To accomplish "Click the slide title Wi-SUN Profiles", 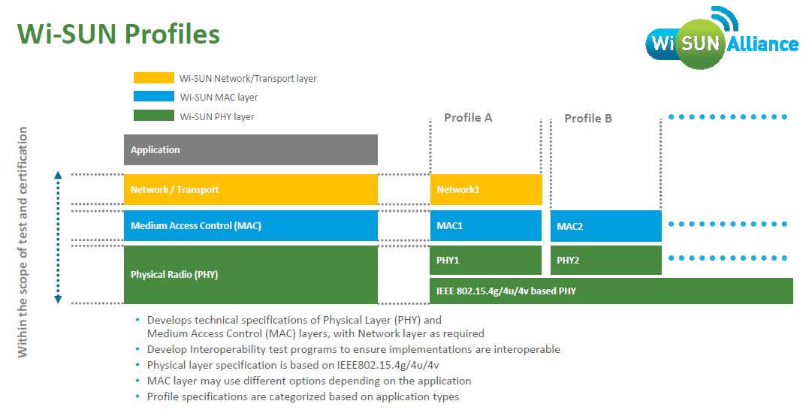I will (118, 33).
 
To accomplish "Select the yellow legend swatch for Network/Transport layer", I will (153, 78).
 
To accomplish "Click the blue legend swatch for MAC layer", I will (153, 97).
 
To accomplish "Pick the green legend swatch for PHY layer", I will (153, 116).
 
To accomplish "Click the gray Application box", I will (250, 149).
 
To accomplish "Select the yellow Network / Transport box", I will (250, 189).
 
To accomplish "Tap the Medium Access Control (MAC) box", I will (250, 225).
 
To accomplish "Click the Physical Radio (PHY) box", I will (250, 274).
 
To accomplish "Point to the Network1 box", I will (485, 189).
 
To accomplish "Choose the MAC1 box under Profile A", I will (485, 225).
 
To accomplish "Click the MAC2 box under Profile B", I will (605, 226).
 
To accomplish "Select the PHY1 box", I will (485, 260).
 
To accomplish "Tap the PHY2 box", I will (605, 260).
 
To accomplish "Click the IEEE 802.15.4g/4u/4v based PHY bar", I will (611, 291).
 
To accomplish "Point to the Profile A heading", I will (468, 118).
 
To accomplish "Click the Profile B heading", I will (588, 119).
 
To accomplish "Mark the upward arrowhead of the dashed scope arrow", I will (58, 176).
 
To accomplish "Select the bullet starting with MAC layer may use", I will (309, 381).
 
